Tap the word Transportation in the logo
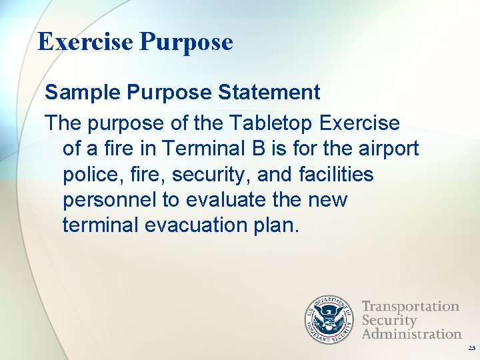(x=411, y=307)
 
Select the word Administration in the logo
(x=411, y=333)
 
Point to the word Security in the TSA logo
(x=389, y=320)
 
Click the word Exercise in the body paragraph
(x=360, y=124)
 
